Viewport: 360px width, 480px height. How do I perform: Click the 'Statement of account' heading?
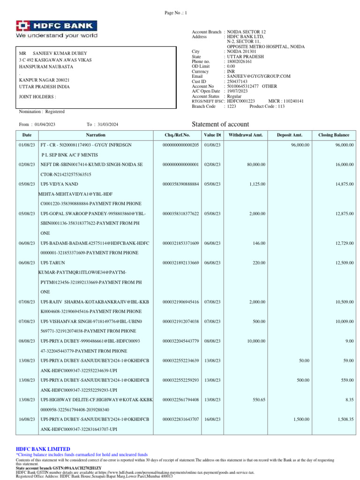click(221, 124)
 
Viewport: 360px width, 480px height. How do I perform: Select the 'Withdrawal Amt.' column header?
click(246, 135)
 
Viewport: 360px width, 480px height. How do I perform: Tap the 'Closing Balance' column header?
click(334, 135)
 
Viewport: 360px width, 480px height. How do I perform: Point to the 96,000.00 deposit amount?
click(300, 145)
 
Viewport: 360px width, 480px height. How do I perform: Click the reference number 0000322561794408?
click(181, 399)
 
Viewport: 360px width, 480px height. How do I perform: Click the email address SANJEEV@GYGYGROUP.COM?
click(259, 76)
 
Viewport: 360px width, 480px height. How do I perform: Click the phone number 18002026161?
click(239, 61)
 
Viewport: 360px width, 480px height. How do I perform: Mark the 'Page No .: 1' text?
click(176, 13)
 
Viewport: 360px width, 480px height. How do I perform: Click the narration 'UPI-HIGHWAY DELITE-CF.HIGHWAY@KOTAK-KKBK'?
click(97, 399)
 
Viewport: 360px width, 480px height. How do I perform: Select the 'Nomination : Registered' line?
click(42, 112)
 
